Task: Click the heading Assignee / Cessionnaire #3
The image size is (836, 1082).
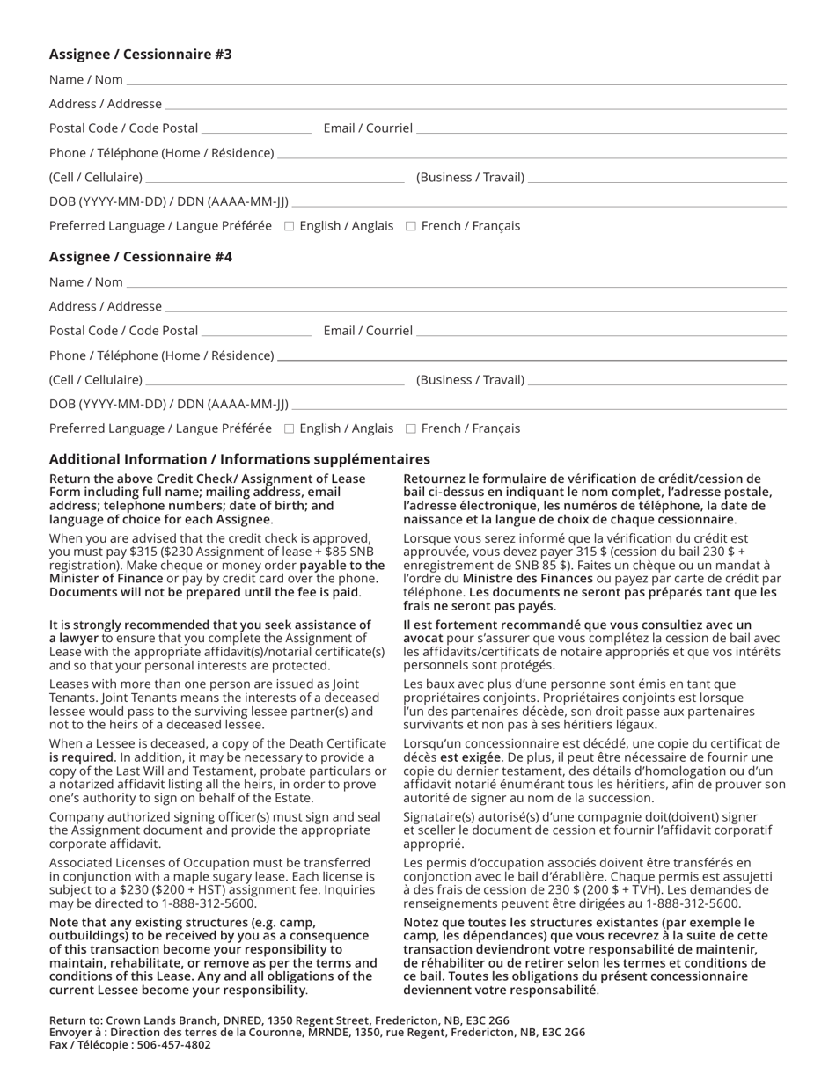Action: pos(141,55)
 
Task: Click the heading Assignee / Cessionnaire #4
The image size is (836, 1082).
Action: pos(141,257)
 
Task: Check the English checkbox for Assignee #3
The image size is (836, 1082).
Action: pos(289,227)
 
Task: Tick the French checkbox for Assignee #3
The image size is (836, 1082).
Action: pos(410,227)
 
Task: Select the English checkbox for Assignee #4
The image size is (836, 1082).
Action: pos(289,429)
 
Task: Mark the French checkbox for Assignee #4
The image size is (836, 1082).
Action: pos(410,429)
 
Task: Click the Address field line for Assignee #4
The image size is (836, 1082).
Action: pos(475,308)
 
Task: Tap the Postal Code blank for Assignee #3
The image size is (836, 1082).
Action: pos(256,130)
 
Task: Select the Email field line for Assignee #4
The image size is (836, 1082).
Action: pos(601,333)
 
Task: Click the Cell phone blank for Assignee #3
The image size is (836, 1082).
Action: pos(275,179)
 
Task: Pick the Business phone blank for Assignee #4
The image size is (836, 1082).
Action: pos(656,382)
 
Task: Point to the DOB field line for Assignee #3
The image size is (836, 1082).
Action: pos(539,204)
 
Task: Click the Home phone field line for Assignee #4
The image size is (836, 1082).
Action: pos(532,357)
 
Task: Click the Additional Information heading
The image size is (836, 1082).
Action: pos(239,459)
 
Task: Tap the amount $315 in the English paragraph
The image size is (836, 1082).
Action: pos(142,552)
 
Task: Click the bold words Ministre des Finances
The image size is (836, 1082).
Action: pos(527,579)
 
